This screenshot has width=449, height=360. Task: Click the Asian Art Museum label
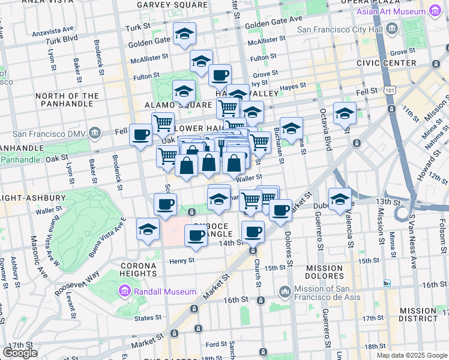tap(394, 11)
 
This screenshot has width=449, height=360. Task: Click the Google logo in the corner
tap(20, 353)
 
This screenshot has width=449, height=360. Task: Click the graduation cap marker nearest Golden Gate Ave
tap(185, 33)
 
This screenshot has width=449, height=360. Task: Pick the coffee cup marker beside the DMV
tap(141, 134)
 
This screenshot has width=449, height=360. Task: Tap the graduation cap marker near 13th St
tap(340, 199)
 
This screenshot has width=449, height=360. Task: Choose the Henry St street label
tap(182, 260)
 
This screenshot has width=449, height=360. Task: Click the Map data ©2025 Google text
tap(411, 355)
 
